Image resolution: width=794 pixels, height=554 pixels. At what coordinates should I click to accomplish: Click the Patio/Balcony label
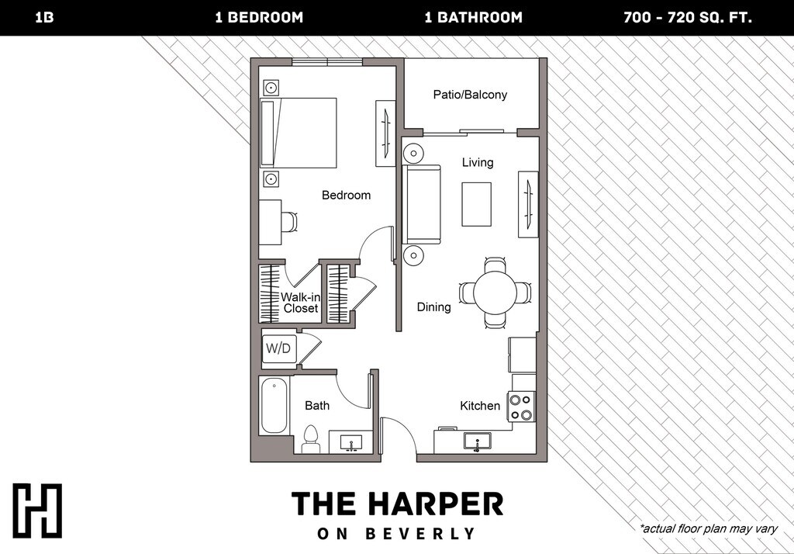470,95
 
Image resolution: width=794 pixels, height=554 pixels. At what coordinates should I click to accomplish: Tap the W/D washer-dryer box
278,348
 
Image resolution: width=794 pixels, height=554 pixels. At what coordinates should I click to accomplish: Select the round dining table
495,293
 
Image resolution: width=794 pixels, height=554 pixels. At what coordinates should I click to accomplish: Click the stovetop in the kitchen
522,407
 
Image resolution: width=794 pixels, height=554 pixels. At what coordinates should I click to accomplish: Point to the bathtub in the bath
274,406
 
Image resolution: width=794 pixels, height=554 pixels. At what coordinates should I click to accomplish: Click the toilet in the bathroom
310,439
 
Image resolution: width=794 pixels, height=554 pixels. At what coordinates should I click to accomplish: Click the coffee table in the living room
476,204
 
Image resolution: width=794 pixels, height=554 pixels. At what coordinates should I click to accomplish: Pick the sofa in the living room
422,204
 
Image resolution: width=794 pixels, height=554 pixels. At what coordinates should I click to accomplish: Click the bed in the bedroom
299,133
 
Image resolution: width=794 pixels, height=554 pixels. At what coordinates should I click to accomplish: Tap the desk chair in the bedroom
288,222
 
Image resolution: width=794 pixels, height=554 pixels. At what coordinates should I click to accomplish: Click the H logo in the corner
37,511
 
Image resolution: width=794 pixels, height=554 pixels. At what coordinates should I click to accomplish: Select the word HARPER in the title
436,504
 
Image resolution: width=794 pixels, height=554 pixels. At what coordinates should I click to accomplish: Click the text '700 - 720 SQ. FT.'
688,18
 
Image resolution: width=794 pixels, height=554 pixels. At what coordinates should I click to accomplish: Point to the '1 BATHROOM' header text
474,18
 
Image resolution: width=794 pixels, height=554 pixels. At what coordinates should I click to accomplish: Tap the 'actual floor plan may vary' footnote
709,528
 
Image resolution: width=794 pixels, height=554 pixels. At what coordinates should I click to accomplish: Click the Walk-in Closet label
300,303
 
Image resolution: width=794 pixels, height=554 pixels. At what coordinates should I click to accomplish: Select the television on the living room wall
527,204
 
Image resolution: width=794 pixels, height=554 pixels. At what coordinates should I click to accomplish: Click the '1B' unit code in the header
44,18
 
